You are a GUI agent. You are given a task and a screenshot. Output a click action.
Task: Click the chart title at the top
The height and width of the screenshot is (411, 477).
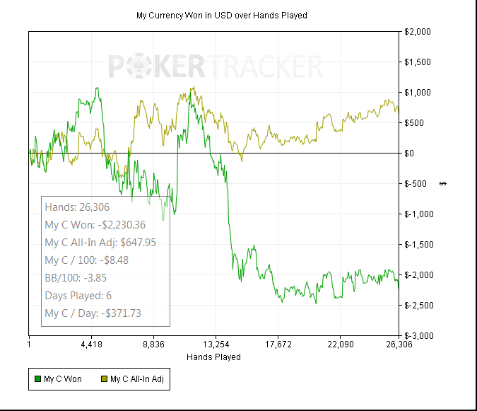point(221,15)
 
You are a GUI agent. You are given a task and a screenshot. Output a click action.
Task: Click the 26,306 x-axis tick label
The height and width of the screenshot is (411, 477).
point(399,345)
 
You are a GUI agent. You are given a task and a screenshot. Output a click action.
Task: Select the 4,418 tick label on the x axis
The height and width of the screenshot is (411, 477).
point(91,345)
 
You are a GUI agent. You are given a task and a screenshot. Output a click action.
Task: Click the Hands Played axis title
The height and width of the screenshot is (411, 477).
point(213,357)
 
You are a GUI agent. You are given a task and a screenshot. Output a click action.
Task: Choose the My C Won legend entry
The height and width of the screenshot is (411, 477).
point(62,379)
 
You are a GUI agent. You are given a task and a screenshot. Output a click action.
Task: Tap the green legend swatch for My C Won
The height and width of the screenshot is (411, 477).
point(37,379)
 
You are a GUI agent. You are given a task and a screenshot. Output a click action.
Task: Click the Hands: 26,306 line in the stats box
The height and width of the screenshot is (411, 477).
point(76,207)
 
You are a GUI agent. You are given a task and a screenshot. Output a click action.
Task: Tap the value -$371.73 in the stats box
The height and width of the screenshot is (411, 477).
point(127,313)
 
